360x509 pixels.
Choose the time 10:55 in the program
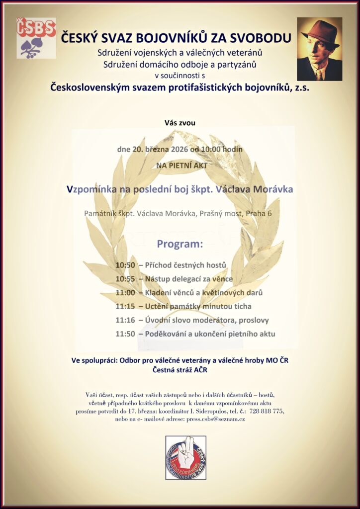125,279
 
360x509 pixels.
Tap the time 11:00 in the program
125,293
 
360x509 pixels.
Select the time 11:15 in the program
125,306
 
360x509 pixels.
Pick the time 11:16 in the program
125,320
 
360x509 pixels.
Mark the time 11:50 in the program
125,334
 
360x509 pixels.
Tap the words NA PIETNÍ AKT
180,166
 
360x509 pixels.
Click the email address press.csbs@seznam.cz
215,419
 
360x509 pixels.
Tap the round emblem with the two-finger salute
185,458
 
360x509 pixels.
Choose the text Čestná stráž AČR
180,370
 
